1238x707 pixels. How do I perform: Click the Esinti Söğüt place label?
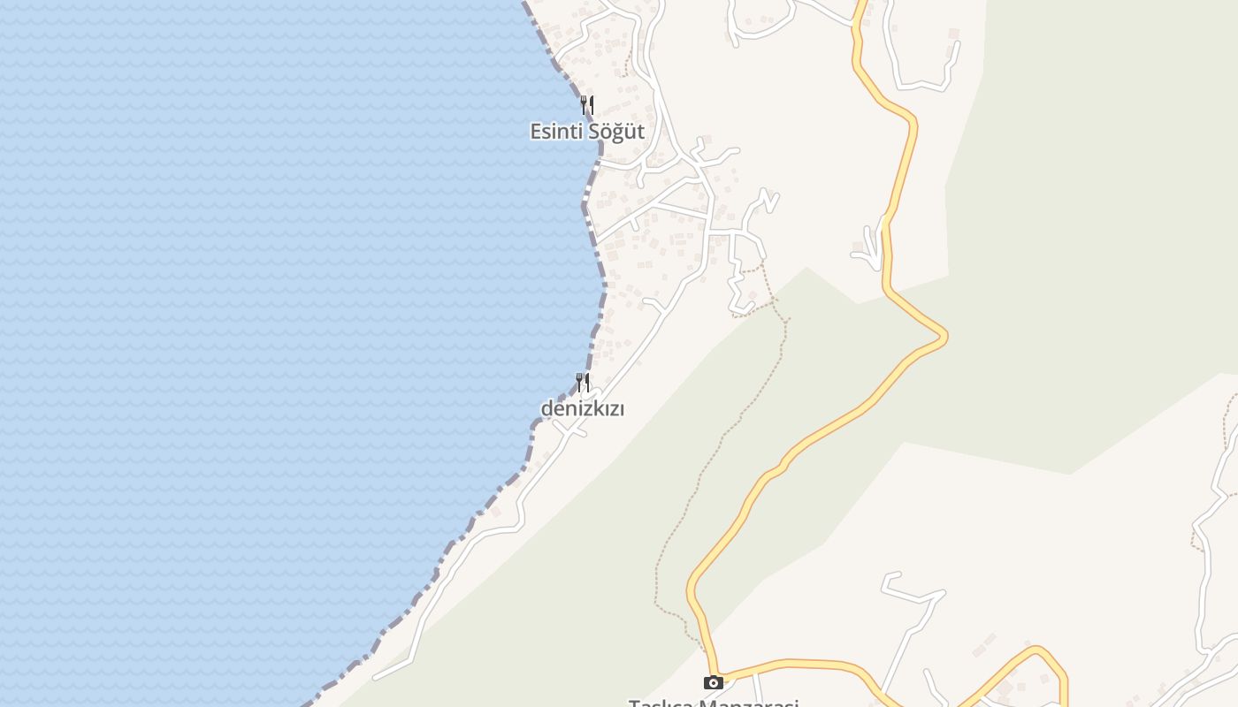click(x=586, y=132)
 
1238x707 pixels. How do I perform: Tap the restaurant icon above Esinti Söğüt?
click(x=586, y=105)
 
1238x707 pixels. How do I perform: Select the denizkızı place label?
click(x=582, y=409)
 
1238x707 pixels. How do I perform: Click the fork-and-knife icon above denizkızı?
click(x=582, y=383)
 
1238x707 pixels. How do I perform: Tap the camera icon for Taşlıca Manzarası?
click(x=713, y=682)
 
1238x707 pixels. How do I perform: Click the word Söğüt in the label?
click(x=616, y=132)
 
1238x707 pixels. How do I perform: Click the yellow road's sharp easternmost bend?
click(x=945, y=336)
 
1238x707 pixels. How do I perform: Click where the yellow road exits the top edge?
click(x=860, y=4)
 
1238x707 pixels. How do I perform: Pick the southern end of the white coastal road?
click(x=377, y=678)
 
